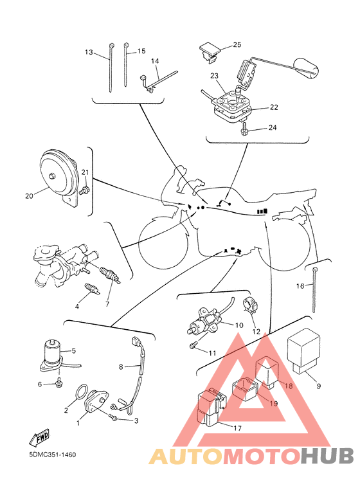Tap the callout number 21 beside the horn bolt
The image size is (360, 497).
(x=85, y=172)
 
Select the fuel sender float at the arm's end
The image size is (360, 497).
(x=306, y=68)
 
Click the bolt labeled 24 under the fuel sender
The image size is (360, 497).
(x=244, y=129)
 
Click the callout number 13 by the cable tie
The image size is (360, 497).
(x=89, y=51)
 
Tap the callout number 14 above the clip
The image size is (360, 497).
(x=155, y=61)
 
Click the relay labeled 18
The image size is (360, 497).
(x=267, y=372)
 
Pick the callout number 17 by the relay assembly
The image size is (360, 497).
(x=237, y=428)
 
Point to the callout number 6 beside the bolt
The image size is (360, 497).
(x=40, y=384)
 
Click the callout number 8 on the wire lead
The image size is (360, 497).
(x=121, y=367)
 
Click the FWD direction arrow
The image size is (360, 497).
(x=39, y=438)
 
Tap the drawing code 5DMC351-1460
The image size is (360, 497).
(x=53, y=455)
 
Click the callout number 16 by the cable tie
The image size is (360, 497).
(x=300, y=286)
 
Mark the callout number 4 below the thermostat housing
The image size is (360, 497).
(x=77, y=306)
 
